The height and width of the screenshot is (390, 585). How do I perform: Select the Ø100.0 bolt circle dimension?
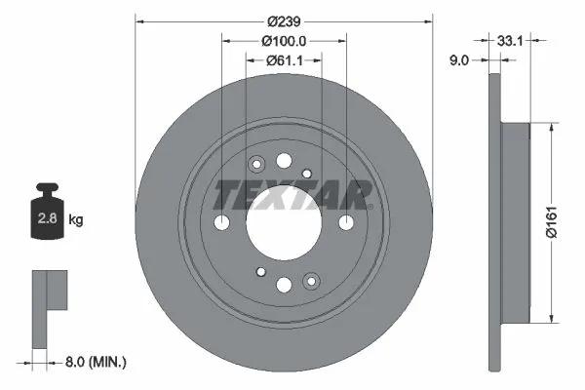click(x=284, y=41)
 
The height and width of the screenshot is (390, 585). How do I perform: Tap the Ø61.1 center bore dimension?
click(x=284, y=60)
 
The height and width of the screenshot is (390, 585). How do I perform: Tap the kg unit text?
click(x=76, y=220)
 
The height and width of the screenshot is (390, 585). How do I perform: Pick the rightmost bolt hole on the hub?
click(x=345, y=222)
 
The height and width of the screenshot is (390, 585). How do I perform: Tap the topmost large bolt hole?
click(x=284, y=161)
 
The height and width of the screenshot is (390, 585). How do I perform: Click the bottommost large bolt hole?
click(x=284, y=285)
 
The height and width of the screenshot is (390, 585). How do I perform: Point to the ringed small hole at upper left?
click(x=258, y=164)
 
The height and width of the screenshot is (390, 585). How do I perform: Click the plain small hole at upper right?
click(x=307, y=174)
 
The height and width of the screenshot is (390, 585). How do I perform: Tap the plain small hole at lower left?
click(x=260, y=272)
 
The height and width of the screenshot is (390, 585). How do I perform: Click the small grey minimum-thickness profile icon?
click(x=50, y=303)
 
